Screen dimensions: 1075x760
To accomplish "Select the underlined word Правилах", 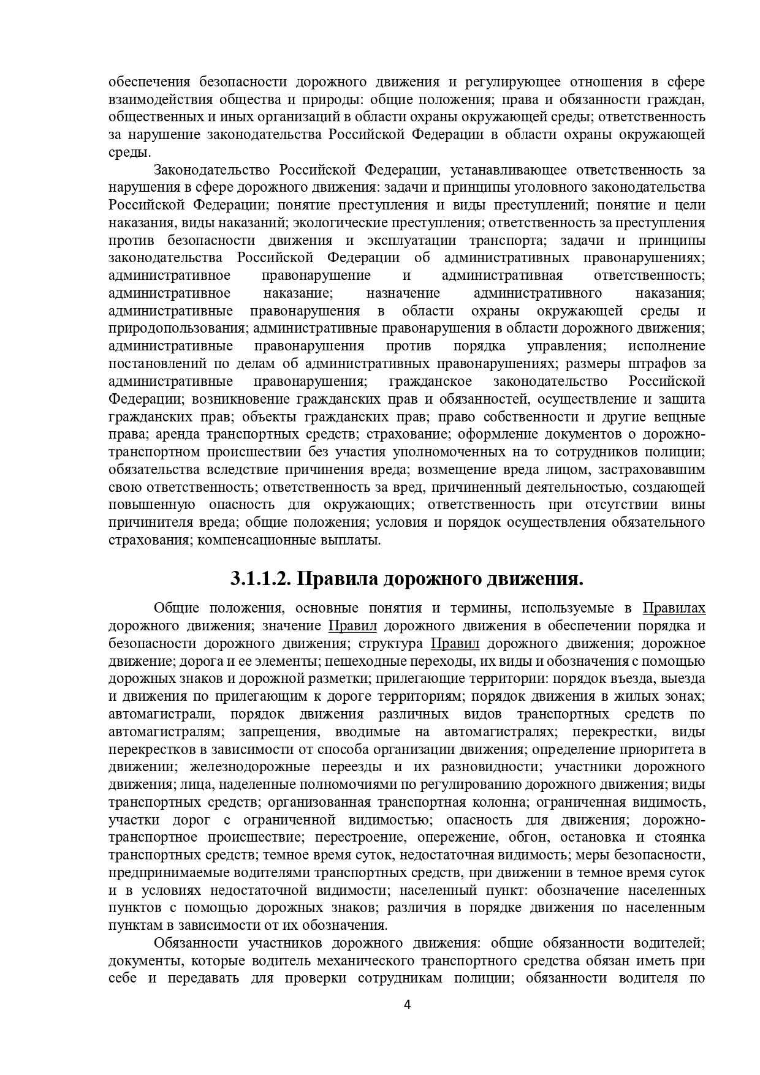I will click(x=674, y=608).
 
